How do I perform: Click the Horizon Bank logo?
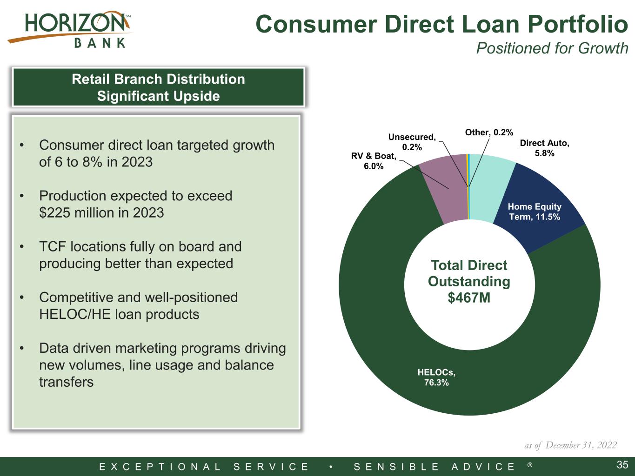click(x=70, y=29)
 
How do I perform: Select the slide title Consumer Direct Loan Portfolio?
click(x=442, y=24)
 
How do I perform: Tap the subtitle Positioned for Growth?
click(x=552, y=48)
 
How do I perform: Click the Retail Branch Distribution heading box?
click(x=158, y=87)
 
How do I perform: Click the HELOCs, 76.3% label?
click(x=436, y=377)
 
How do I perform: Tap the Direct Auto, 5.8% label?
click(x=544, y=148)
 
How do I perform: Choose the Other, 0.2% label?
click(x=489, y=132)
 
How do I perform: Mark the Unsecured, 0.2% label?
click(x=412, y=142)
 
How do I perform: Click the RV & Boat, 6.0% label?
click(x=374, y=161)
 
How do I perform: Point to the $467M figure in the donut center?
click(x=469, y=297)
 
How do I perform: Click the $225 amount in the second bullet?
click(x=55, y=213)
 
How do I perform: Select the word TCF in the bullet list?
click(x=53, y=247)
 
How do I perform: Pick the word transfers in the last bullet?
click(x=66, y=382)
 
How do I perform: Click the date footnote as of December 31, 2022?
click(x=570, y=445)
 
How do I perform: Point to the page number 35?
click(x=622, y=465)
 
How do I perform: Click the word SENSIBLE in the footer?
click(x=397, y=466)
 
